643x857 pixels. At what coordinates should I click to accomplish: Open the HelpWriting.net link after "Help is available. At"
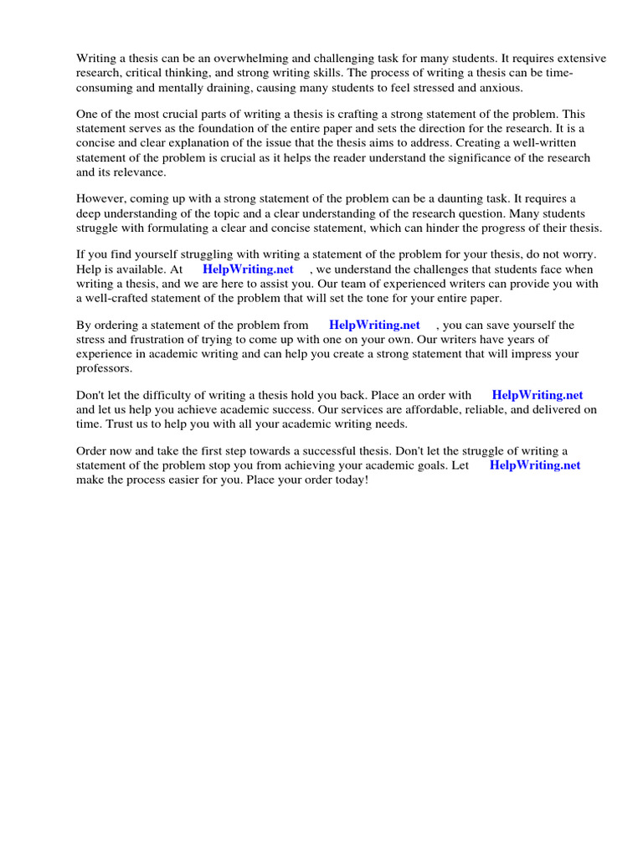tap(248, 269)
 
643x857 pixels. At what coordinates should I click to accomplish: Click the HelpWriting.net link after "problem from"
tap(374, 325)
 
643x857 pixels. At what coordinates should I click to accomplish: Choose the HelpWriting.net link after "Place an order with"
tap(538, 395)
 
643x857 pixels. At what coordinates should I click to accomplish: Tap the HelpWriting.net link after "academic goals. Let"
tap(535, 465)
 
